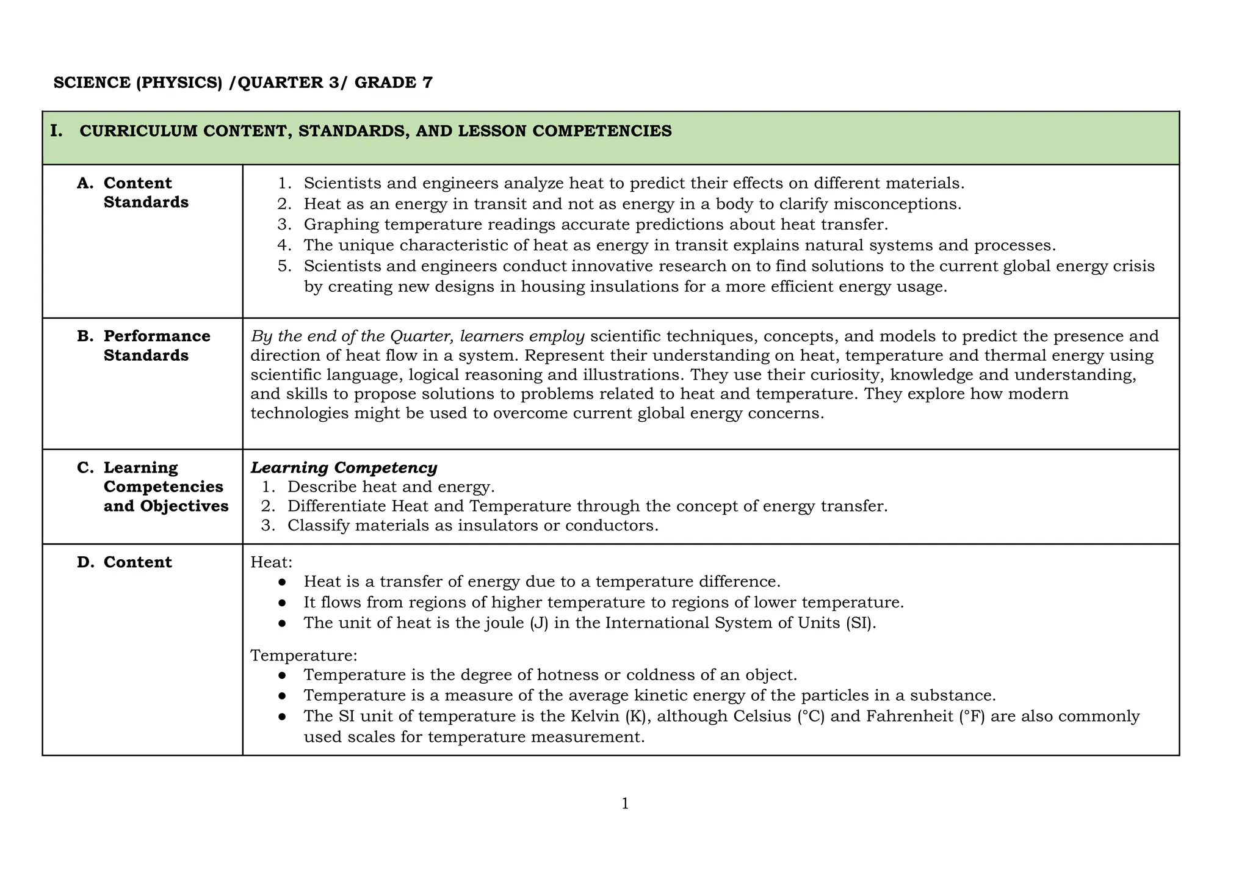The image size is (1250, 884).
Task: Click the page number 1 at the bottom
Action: [x=624, y=804]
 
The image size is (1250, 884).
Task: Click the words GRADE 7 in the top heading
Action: [x=393, y=82]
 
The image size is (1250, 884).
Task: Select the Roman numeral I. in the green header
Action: [x=56, y=131]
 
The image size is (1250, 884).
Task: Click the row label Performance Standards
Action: [x=156, y=346]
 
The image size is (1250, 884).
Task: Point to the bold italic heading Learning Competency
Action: [x=344, y=468]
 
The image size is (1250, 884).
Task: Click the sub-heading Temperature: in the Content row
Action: [x=303, y=655]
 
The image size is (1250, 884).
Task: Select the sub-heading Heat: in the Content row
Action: [x=271, y=562]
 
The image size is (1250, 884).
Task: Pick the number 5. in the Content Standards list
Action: [x=284, y=266]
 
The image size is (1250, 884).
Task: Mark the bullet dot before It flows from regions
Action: [x=282, y=603]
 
